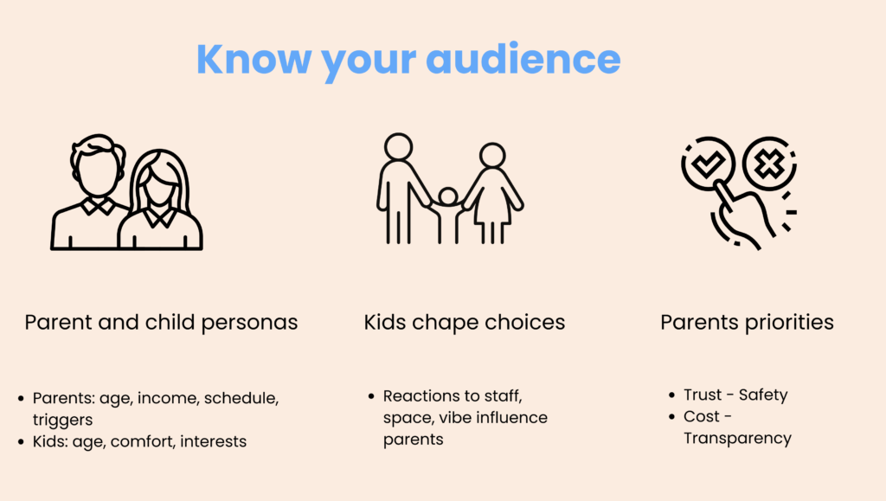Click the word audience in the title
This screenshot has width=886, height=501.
pos(523,60)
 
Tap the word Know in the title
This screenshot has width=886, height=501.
pos(254,60)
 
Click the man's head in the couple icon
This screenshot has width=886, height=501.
pos(97,164)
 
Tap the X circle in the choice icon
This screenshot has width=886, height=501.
pos(769,164)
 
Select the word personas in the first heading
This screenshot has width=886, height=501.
pos(249,323)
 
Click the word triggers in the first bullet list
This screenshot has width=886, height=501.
pos(62,421)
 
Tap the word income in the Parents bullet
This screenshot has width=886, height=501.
pos(168,398)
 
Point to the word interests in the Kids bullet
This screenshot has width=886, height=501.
pos(213,441)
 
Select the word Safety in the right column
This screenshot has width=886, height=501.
pos(763,395)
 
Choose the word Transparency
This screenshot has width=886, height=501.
pos(737,439)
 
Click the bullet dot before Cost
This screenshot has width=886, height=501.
pos(671,417)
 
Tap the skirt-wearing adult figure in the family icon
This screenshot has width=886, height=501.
pos(492,193)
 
